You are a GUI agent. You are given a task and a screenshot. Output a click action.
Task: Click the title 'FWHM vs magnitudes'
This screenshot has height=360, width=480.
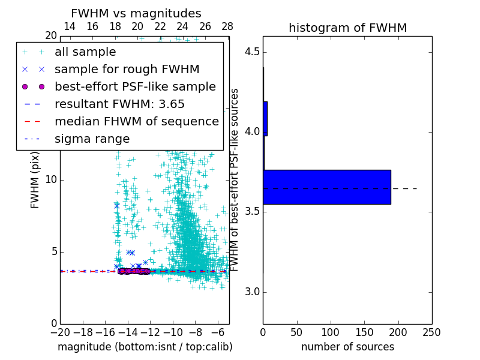tap(136, 13)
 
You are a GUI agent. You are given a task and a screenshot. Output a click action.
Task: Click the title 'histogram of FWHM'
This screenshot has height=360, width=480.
tap(347, 28)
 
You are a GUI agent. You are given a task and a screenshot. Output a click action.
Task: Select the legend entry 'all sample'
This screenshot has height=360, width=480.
tap(85, 52)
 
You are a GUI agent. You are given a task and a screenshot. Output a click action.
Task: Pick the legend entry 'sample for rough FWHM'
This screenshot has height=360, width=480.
tap(127, 70)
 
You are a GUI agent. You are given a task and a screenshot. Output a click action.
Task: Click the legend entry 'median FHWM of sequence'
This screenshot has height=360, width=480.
tap(136, 121)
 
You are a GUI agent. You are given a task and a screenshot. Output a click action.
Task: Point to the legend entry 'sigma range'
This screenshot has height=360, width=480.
tap(92, 139)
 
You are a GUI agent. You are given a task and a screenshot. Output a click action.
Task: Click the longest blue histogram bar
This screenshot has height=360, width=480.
tap(327, 187)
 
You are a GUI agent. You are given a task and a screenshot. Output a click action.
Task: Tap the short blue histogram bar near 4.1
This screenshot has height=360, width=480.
tap(265, 118)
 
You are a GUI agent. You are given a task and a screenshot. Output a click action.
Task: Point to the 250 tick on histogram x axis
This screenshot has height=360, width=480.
tap(431, 332)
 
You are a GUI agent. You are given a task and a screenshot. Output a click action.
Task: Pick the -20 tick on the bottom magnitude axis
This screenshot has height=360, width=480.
tap(60, 332)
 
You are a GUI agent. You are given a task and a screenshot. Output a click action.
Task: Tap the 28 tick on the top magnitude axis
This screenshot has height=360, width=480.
tap(227, 26)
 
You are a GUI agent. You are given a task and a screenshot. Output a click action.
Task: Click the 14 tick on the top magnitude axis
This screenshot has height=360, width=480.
tap(70, 26)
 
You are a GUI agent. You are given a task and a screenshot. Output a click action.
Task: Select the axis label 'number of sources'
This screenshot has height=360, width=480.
tap(347, 347)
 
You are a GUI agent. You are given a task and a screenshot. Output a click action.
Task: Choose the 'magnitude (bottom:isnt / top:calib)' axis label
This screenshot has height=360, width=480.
tap(145, 347)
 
